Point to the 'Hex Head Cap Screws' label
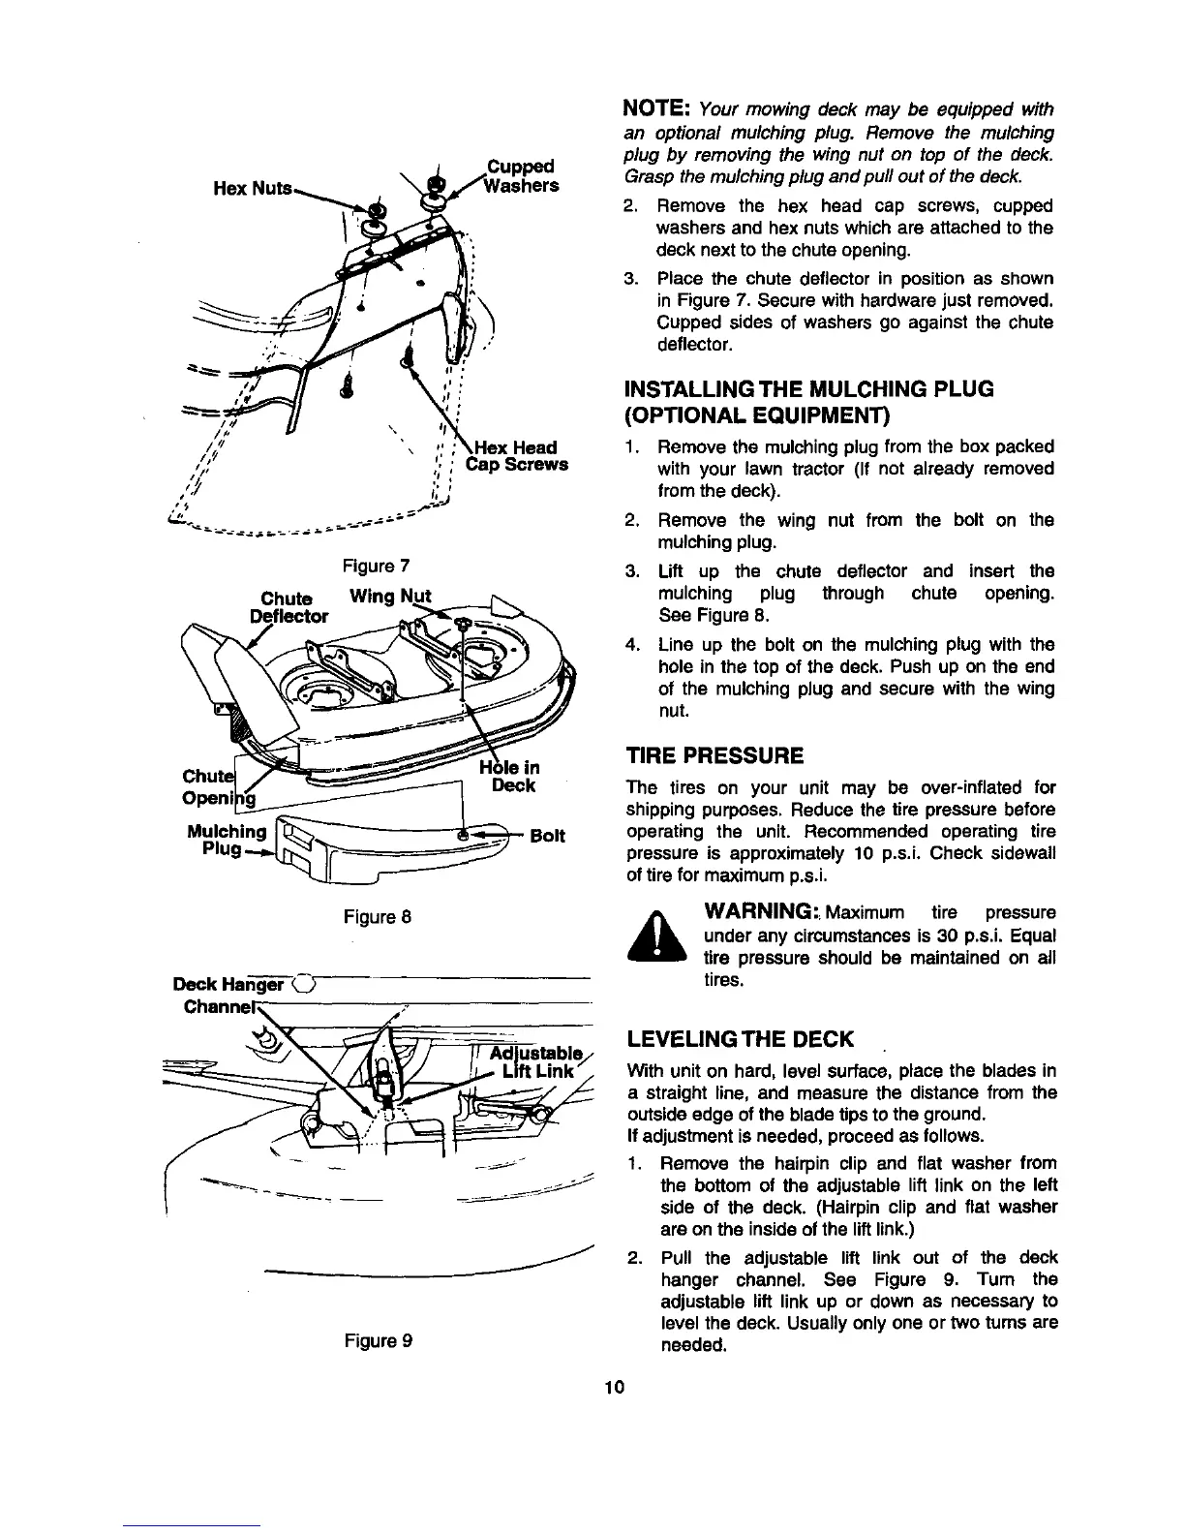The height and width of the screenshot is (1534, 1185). pyautogui.click(x=517, y=455)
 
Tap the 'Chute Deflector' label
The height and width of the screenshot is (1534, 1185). pyautogui.click(x=289, y=606)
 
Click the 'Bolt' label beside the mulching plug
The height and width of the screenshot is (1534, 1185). pyautogui.click(x=547, y=835)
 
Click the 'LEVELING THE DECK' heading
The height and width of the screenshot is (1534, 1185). pyautogui.click(x=741, y=1040)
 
